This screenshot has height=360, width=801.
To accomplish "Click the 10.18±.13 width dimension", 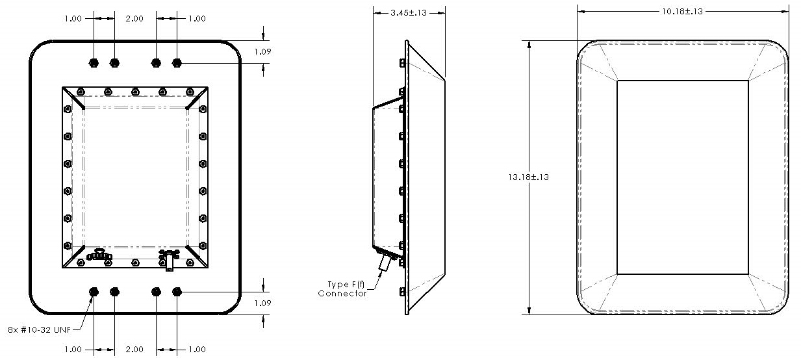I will [x=682, y=11].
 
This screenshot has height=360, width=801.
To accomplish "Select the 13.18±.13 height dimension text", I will [x=529, y=177].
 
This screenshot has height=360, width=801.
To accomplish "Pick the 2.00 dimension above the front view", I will [x=134, y=19].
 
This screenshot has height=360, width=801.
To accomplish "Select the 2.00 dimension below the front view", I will [x=134, y=350].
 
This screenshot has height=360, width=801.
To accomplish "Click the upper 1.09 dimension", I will [x=262, y=51].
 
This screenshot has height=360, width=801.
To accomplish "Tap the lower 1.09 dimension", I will [x=262, y=303].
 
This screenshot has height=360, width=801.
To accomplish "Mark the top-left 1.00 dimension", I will [x=73, y=19].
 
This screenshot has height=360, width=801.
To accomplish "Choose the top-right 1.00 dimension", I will [x=196, y=19].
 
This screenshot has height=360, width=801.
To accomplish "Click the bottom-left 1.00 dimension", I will [x=73, y=350].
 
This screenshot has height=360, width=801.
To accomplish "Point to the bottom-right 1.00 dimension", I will [x=196, y=350].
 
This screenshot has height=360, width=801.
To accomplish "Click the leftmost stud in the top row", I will [x=94, y=62].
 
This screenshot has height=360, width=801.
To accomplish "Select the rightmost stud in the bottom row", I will [x=177, y=292].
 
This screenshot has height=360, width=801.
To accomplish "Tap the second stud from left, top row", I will [x=115, y=62].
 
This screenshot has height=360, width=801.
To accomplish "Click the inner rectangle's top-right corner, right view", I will [x=748, y=81].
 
